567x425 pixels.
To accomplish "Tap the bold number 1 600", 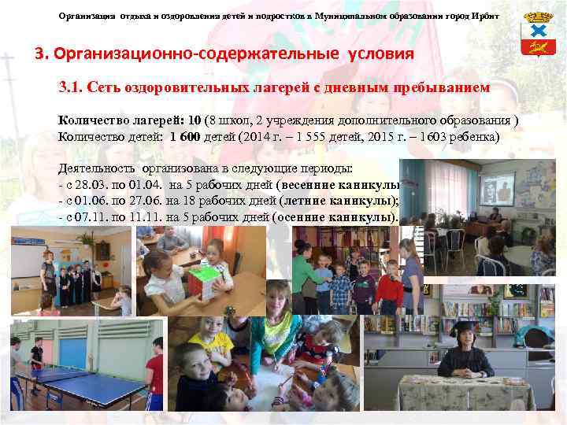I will (x=185, y=136).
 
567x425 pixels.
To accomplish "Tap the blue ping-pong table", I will (x=87, y=386).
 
